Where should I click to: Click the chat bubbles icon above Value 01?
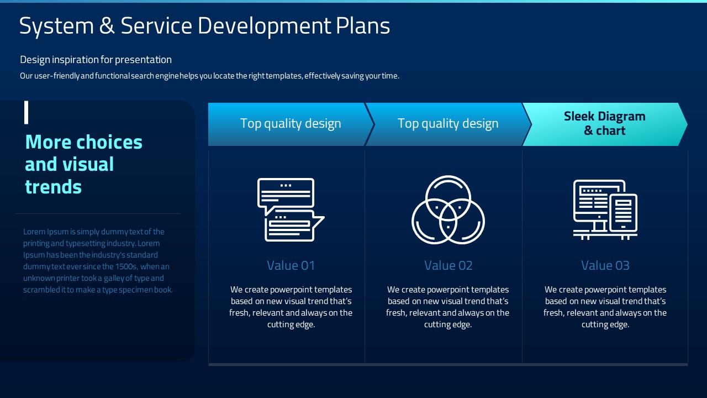[x=291, y=210]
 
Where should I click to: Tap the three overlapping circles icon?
[x=448, y=210]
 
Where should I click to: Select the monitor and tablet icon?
[x=605, y=210]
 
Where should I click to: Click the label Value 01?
[x=291, y=265]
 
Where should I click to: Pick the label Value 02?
[x=448, y=265]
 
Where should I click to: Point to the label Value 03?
[x=605, y=265]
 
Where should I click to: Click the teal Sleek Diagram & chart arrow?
[x=605, y=124]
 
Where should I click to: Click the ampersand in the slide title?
[x=107, y=25]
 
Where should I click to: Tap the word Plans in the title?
[x=363, y=25]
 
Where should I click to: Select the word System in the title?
[x=56, y=27]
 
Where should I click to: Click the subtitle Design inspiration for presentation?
[x=96, y=59]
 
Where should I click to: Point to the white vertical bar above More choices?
[x=26, y=112]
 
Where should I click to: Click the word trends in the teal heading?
[x=54, y=187]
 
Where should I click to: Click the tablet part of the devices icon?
[x=624, y=213]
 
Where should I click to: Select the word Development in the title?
[x=264, y=27]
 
